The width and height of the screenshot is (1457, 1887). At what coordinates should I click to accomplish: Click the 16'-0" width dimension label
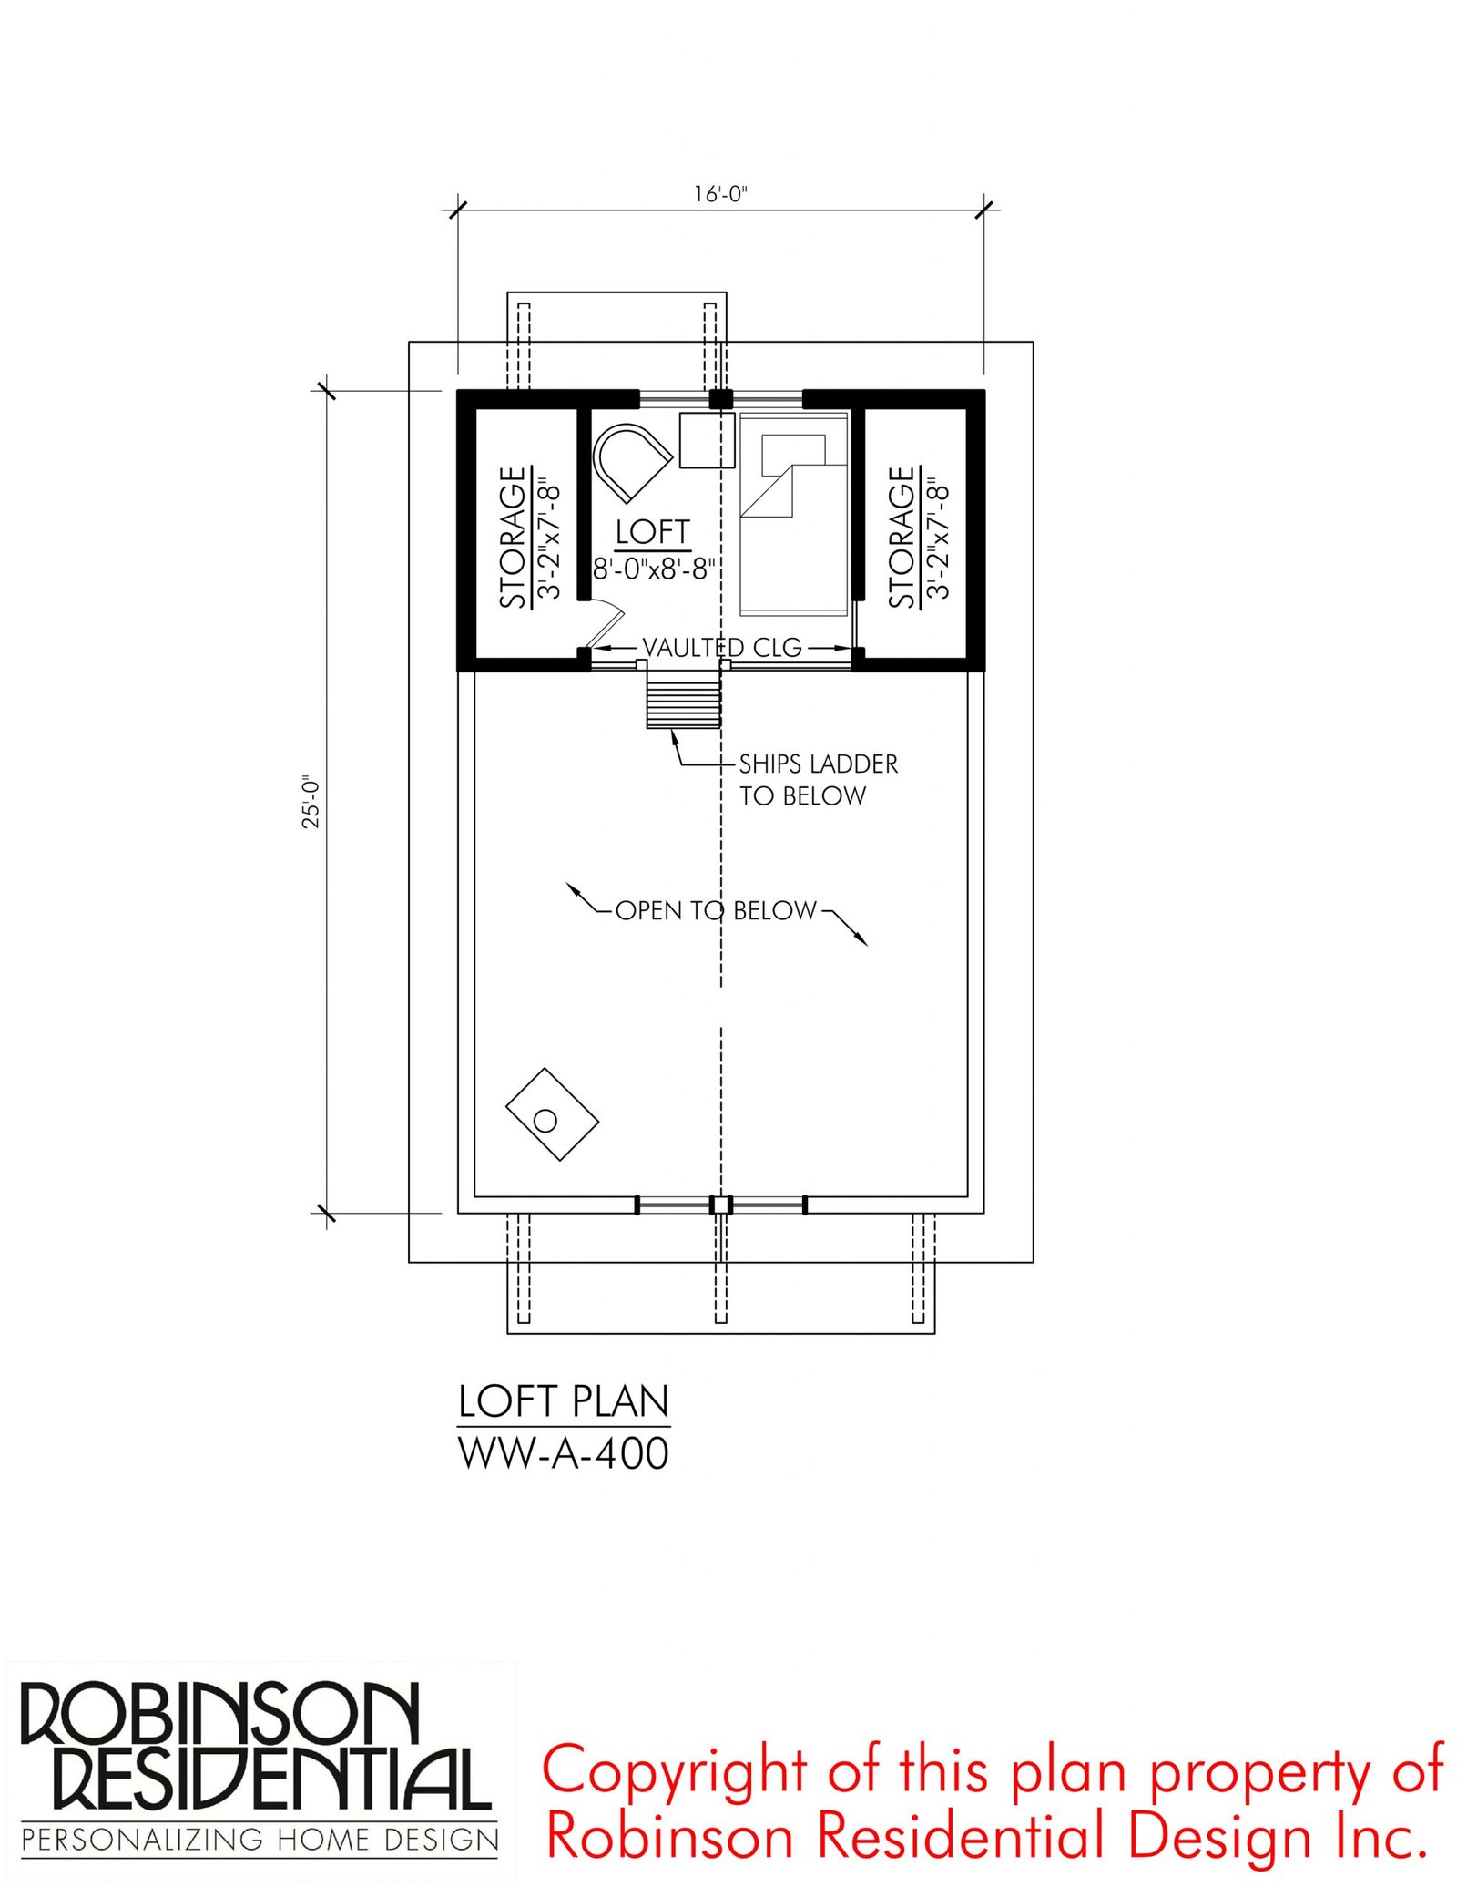pos(719,194)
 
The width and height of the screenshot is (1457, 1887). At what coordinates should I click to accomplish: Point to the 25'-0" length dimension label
pos(311,802)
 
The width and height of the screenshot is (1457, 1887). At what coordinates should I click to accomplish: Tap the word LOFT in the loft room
pos(652,531)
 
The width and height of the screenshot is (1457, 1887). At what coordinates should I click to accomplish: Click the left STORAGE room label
pos(513,537)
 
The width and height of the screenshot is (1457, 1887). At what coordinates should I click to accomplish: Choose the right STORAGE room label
pos(901,537)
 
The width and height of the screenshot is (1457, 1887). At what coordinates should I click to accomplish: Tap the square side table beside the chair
pos(707,440)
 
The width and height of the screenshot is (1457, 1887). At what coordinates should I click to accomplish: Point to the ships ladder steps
pos(684,699)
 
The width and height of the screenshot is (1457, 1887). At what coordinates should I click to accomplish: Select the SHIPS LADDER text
pos(818,764)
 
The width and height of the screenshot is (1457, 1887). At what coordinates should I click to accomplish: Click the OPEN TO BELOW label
pos(716,910)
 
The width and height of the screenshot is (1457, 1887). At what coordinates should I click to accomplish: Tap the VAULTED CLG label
pos(722,648)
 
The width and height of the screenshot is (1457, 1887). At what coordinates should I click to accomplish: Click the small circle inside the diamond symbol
pos(545,1121)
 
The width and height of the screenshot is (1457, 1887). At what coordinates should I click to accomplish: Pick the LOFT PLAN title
pos(564,1402)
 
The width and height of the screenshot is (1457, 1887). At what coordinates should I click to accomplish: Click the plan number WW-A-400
pos(564,1453)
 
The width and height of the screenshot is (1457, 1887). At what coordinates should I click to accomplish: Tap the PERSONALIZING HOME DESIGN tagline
pos(260,1841)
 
